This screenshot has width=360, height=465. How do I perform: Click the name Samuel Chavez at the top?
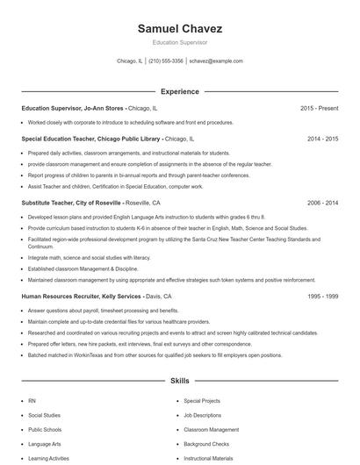click(x=179, y=29)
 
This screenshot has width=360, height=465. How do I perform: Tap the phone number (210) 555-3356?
click(x=166, y=61)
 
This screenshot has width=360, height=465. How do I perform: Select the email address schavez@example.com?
click(x=215, y=61)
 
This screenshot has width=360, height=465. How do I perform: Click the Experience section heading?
click(x=179, y=91)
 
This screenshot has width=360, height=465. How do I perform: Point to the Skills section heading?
click(x=179, y=381)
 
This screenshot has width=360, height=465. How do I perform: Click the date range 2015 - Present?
click(x=320, y=108)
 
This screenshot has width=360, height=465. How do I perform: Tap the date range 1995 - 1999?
click(x=322, y=297)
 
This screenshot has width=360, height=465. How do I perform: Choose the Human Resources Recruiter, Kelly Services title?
click(x=80, y=297)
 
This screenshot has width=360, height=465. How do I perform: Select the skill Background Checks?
click(x=206, y=445)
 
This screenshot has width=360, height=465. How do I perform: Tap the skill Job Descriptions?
click(x=204, y=415)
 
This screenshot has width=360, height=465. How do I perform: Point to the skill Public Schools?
click(x=44, y=430)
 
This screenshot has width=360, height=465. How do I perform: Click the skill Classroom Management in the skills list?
click(x=211, y=430)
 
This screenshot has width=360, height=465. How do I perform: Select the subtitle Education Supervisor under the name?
click(x=179, y=42)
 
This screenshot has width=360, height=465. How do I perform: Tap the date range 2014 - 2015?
click(x=322, y=139)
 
